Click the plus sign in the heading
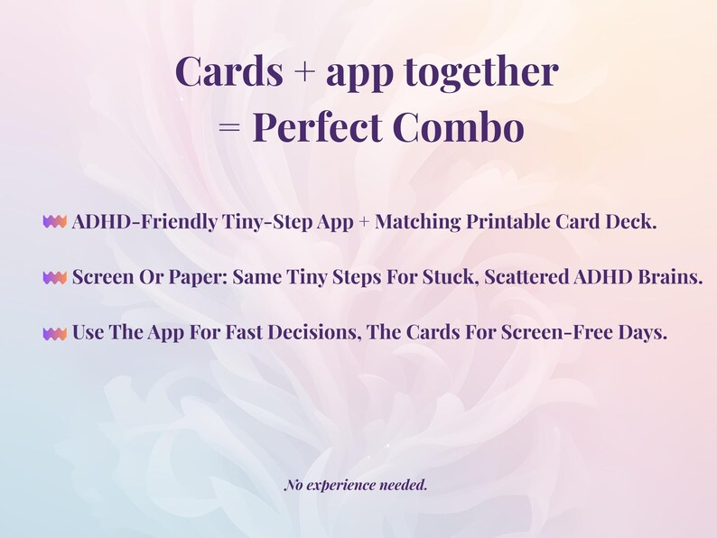pyautogui.click(x=297, y=72)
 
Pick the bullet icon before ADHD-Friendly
pyautogui.click(x=55, y=222)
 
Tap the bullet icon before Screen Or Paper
pyautogui.click(x=55, y=278)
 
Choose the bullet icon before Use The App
pyautogui.click(x=55, y=334)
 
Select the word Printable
pyautogui.click(x=508, y=222)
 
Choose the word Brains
pyautogui.click(x=669, y=278)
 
